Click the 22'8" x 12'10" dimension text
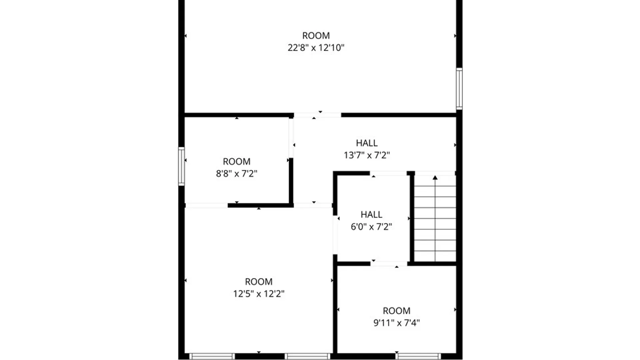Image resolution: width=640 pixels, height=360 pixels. pos(316,48)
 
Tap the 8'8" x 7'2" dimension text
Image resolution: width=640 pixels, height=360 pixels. pos(236,174)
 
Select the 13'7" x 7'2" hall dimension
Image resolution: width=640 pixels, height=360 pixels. pos(367,155)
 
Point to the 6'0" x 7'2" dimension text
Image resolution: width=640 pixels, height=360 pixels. pos(371,227)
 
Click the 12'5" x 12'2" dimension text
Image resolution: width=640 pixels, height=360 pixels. pos(258,294)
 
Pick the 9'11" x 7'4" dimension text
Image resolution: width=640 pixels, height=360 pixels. pos(396,323)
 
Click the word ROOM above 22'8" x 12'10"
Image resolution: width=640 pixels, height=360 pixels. pos(316,36)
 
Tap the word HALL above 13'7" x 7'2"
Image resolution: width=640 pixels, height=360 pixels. pos(367,143)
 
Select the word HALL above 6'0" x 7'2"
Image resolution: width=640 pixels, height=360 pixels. pos(371,214)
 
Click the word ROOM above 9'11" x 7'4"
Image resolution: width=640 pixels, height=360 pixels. pos(396,311)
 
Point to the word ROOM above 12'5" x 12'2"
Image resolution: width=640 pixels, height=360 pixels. pos(258,282)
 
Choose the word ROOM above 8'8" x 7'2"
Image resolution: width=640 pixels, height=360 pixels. pos(236,162)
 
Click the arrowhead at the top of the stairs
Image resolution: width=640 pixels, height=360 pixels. pos(435,178)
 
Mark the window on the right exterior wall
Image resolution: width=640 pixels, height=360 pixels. pos(459,89)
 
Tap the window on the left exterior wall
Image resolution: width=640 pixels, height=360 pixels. pos(181,166)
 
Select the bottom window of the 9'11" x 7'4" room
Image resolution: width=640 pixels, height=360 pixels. pos(418,356)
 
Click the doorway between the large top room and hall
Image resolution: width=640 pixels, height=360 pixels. pos(317,115)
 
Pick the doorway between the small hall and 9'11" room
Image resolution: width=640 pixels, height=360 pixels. pos(389,264)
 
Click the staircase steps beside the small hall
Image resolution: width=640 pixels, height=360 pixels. pos(435,220)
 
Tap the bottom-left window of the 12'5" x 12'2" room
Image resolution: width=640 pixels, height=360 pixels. pos(212,356)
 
